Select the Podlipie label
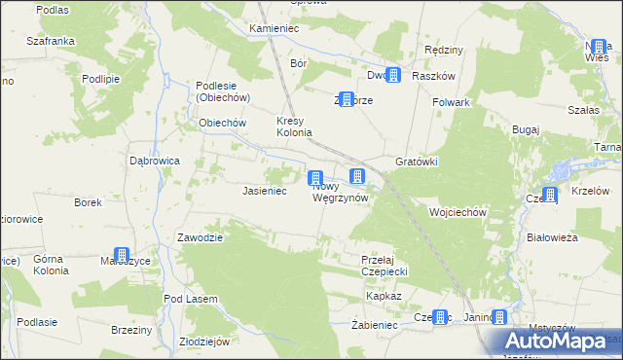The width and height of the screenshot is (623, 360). [x=100, y=79]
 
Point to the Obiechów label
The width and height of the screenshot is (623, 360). [x=222, y=123]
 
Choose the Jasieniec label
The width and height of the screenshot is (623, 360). [x=264, y=192]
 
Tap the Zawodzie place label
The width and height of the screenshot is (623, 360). [x=201, y=237]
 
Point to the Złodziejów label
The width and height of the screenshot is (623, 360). [x=204, y=342]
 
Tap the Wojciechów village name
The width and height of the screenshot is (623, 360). [x=458, y=211]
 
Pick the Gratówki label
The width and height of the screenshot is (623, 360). [x=417, y=162]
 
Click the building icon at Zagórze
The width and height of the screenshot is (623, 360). [x=345, y=99]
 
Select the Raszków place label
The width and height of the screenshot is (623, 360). [x=434, y=75]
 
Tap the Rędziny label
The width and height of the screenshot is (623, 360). [x=444, y=50]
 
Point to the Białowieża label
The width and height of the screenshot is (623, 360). [x=552, y=236]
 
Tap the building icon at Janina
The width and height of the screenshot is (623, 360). [x=499, y=317]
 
